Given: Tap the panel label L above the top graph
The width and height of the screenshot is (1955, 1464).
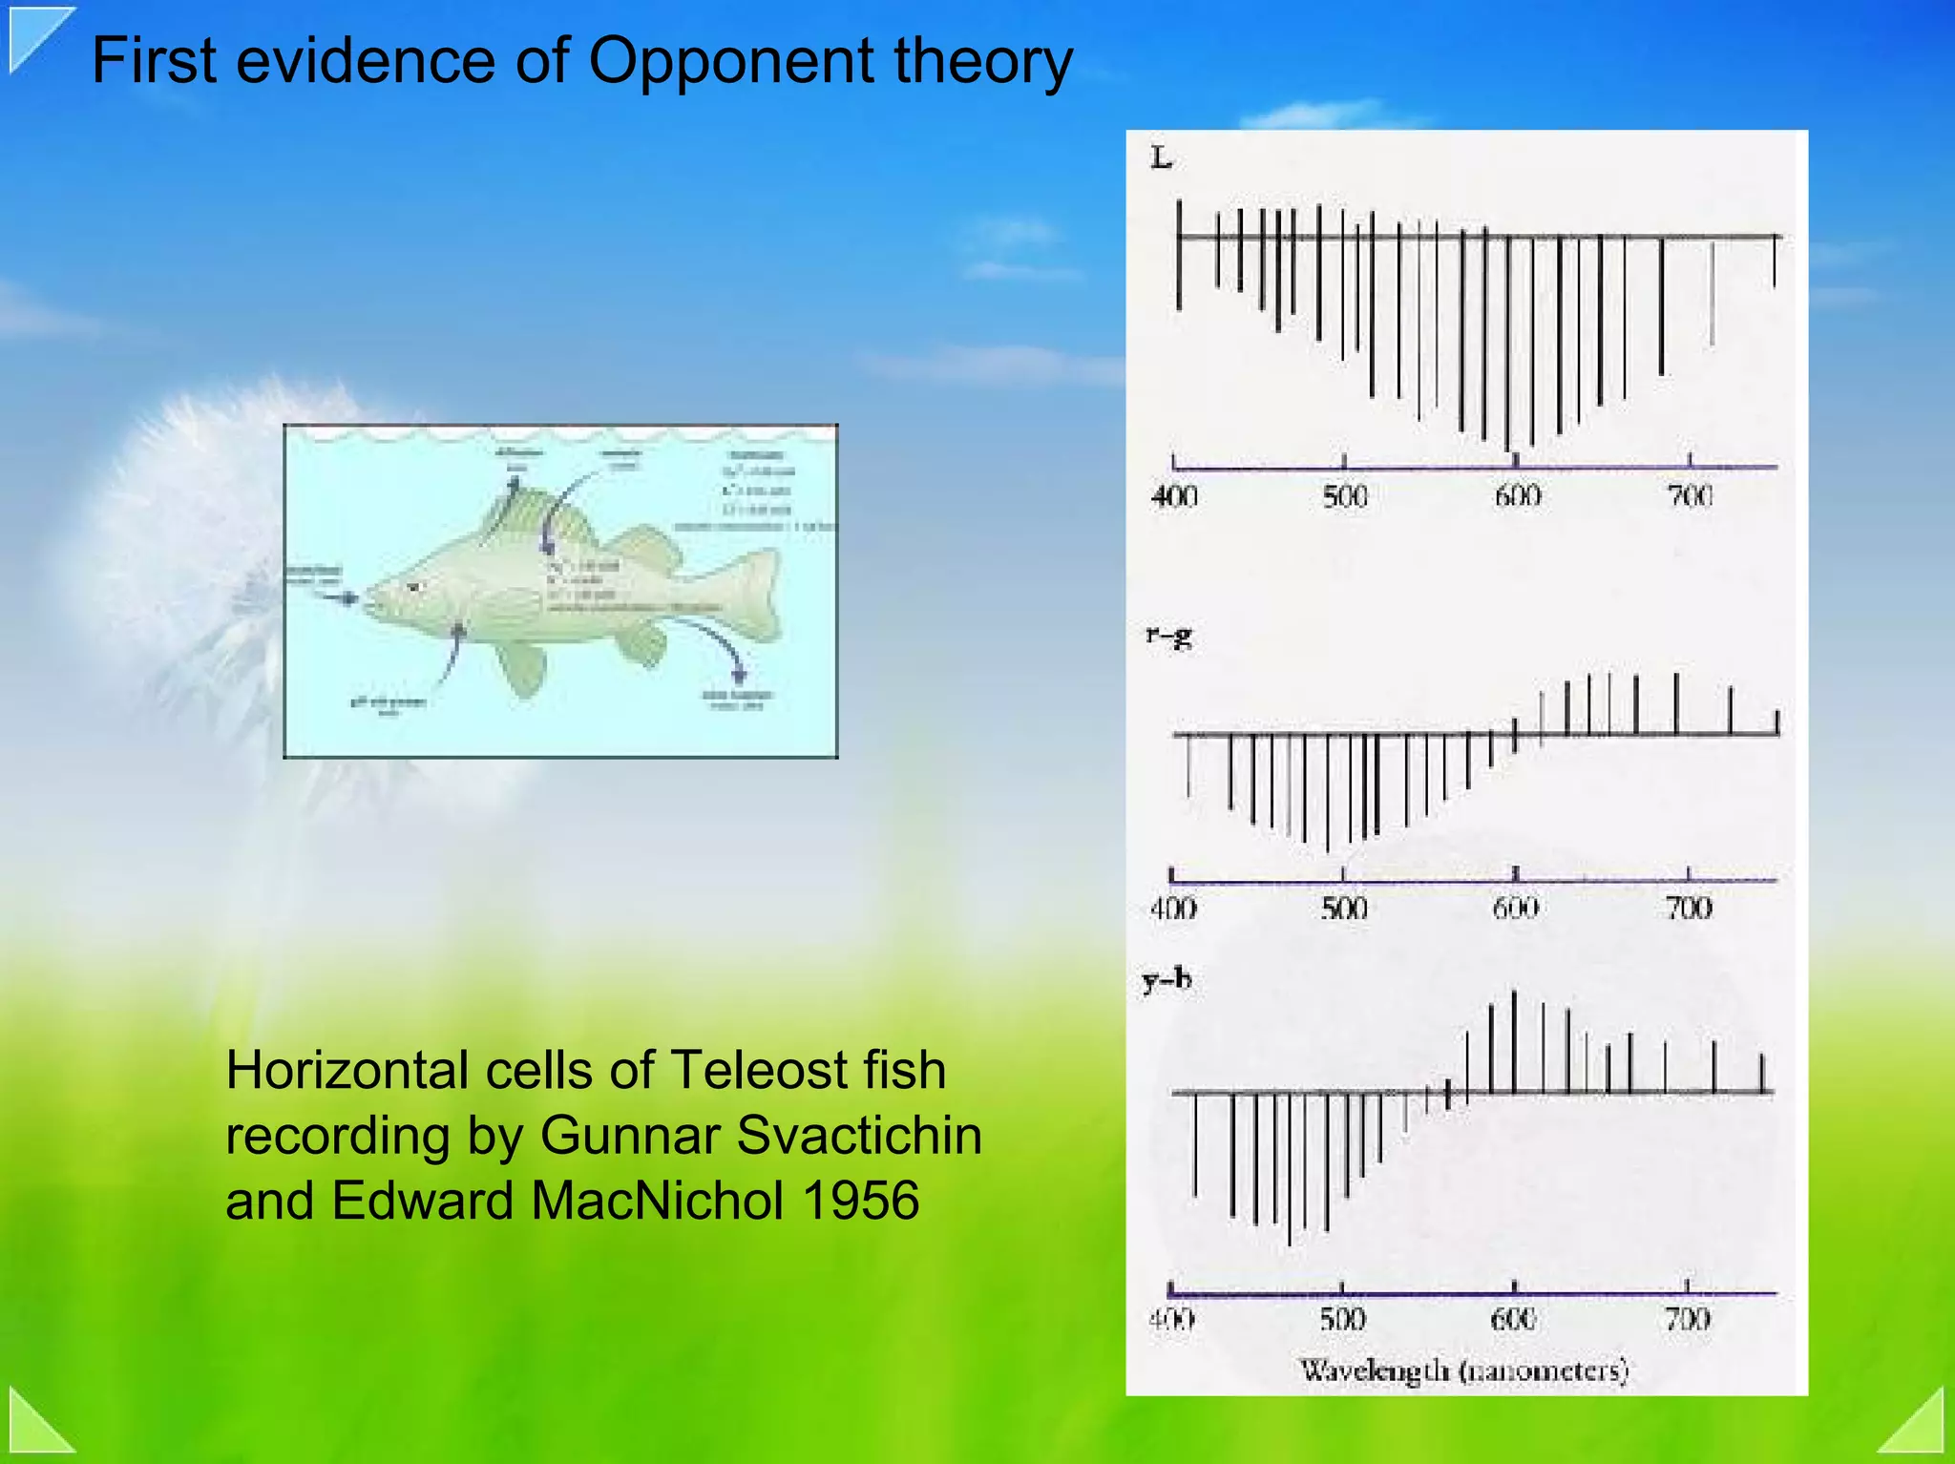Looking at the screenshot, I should pyautogui.click(x=1161, y=158).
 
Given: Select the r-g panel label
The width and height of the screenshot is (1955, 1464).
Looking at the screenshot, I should pyautogui.click(x=1169, y=635).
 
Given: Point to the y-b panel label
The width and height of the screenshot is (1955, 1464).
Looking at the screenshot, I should pyautogui.click(x=1167, y=980).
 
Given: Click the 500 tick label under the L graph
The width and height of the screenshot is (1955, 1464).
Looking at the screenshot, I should pyautogui.click(x=1344, y=496).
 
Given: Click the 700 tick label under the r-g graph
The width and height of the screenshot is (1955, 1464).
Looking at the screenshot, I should pyautogui.click(x=1688, y=908).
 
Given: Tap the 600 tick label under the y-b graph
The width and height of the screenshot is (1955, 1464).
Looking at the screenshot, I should pyautogui.click(x=1514, y=1320).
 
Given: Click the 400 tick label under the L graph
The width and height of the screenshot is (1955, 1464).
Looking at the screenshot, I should pyautogui.click(x=1174, y=496).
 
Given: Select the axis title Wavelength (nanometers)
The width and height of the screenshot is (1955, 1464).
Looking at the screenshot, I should pyautogui.click(x=1463, y=1370).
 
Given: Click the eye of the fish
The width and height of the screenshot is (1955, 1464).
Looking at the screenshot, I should pyautogui.click(x=413, y=586).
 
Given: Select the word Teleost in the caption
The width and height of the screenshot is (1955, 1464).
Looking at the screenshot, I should pyautogui.click(x=760, y=1070).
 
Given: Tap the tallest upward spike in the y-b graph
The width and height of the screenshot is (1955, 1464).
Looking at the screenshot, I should pyautogui.click(x=1514, y=1040).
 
